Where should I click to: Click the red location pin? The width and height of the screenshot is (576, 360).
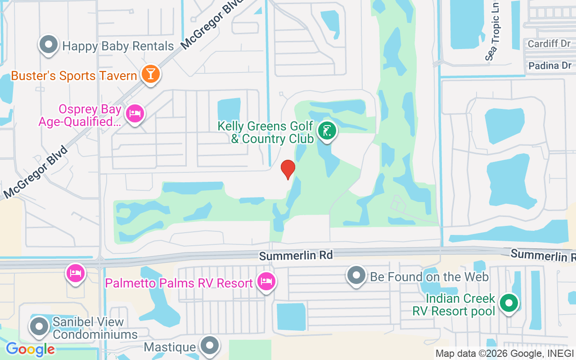[288, 169]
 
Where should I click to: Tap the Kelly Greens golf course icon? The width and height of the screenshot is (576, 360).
[327, 131]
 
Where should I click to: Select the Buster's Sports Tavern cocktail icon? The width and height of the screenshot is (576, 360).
[150, 74]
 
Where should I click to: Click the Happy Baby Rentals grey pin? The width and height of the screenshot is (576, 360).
[49, 45]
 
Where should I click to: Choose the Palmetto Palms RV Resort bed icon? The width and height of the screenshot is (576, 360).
[266, 282]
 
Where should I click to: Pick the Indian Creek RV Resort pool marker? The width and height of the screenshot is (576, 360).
[509, 303]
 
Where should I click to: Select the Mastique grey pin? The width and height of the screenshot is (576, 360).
[209, 346]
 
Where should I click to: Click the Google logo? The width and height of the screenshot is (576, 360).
[30, 349]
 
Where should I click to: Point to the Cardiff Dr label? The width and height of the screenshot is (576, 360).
[549, 44]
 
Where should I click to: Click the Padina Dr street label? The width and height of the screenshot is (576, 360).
[549, 66]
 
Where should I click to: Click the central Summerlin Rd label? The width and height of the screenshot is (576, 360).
[296, 256]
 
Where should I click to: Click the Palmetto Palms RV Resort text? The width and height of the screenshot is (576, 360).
[179, 283]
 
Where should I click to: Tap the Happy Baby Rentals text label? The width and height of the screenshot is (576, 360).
[118, 46]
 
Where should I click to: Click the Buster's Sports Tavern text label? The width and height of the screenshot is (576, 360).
[74, 76]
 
